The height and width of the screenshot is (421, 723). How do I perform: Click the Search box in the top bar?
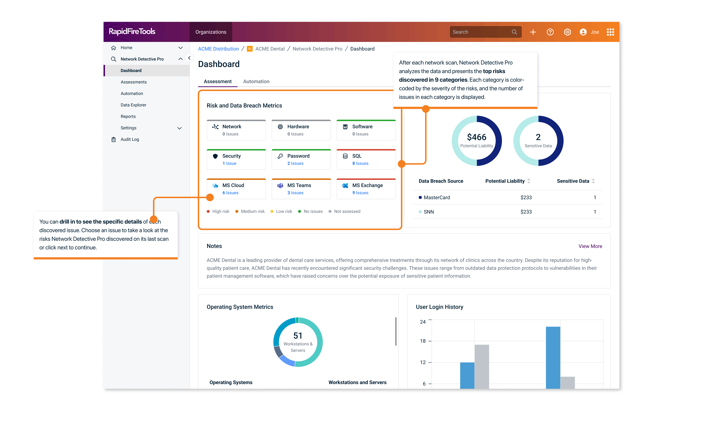tap(482, 32)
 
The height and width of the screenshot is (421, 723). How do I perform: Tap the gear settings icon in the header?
tap(567, 32)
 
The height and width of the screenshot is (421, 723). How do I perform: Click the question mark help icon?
tap(550, 32)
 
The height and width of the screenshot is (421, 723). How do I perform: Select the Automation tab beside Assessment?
tap(256, 82)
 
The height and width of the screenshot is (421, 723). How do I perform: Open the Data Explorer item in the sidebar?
tap(133, 105)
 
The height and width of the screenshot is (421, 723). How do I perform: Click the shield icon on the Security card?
tap(215, 156)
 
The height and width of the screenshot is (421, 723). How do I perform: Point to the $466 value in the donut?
tap(477, 137)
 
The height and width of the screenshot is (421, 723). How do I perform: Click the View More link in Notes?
tap(590, 246)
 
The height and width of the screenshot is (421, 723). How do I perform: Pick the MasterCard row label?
tap(437, 197)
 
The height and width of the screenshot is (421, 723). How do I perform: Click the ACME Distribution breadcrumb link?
tap(218, 49)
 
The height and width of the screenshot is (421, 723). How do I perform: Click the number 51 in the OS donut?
tap(298, 336)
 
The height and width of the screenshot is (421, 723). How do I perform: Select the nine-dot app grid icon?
tap(610, 32)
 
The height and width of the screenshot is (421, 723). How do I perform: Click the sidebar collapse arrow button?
tap(189, 58)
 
